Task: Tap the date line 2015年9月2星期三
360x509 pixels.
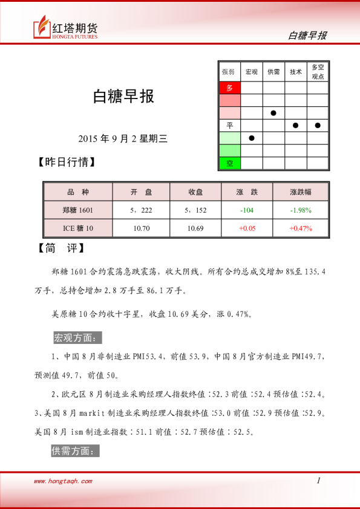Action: pos(122,138)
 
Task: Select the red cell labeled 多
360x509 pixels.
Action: pos(229,88)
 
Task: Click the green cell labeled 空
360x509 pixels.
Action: pos(229,163)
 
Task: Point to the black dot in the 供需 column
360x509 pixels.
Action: pos(273,113)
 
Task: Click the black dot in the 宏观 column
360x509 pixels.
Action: pos(252,138)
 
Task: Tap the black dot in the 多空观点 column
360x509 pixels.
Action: pos(318,125)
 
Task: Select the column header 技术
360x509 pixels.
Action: pos(296,71)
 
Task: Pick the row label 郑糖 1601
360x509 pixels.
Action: pos(78,210)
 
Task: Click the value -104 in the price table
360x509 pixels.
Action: pos(246,210)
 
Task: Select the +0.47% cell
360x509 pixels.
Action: pos(300,228)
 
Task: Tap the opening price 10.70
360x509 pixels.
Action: pos(142,228)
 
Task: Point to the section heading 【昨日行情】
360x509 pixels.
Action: pos(66,162)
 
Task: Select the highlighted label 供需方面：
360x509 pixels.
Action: pos(75,450)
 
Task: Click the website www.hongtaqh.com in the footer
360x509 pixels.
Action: pos(63,481)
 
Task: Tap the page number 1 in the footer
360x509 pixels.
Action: pos(318,481)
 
